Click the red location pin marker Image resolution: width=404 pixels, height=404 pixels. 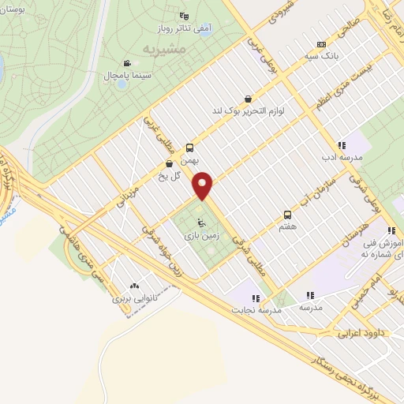(x=204, y=186)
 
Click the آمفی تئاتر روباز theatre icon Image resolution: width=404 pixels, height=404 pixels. (x=184, y=16)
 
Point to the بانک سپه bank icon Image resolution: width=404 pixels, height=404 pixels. (x=320, y=45)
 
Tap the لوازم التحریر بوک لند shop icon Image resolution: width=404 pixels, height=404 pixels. (x=249, y=100)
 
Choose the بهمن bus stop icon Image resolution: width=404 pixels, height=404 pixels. (x=189, y=147)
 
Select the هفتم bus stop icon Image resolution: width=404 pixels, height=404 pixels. (x=287, y=214)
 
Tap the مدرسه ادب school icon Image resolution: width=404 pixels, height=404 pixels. (x=342, y=146)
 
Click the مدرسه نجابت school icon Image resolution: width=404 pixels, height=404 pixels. (x=255, y=297)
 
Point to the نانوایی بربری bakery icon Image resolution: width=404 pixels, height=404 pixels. (x=133, y=287)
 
